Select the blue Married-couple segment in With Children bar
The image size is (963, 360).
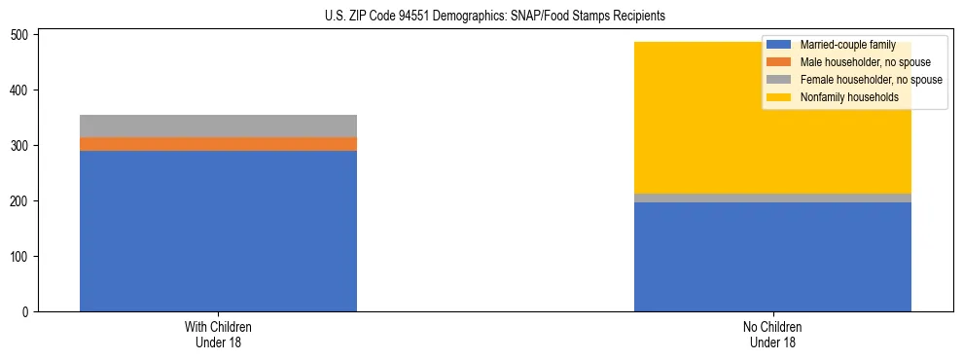[x=218, y=232]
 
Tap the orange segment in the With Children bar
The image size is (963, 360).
[x=218, y=144]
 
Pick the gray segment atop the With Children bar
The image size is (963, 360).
[x=218, y=126]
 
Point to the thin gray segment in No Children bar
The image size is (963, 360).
[x=772, y=198]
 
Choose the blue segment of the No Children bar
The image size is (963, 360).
[x=772, y=257]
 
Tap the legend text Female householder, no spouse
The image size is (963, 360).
[x=871, y=80]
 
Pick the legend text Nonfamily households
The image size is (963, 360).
[x=848, y=97]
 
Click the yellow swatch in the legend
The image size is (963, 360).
[x=779, y=97]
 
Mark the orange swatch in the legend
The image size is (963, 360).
[x=779, y=62]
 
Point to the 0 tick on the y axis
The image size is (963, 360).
[x=28, y=312]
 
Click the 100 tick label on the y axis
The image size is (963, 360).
[x=22, y=257]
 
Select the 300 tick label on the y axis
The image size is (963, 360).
[x=22, y=146]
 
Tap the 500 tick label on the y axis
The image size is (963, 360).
[x=22, y=35]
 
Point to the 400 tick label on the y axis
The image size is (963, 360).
[x=22, y=90]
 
